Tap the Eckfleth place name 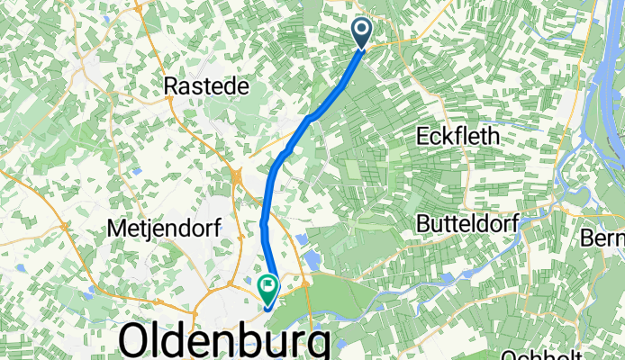pos(461,136)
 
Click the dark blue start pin pos(363,33)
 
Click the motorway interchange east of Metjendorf pos(238,178)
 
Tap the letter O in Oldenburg pos(135,342)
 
